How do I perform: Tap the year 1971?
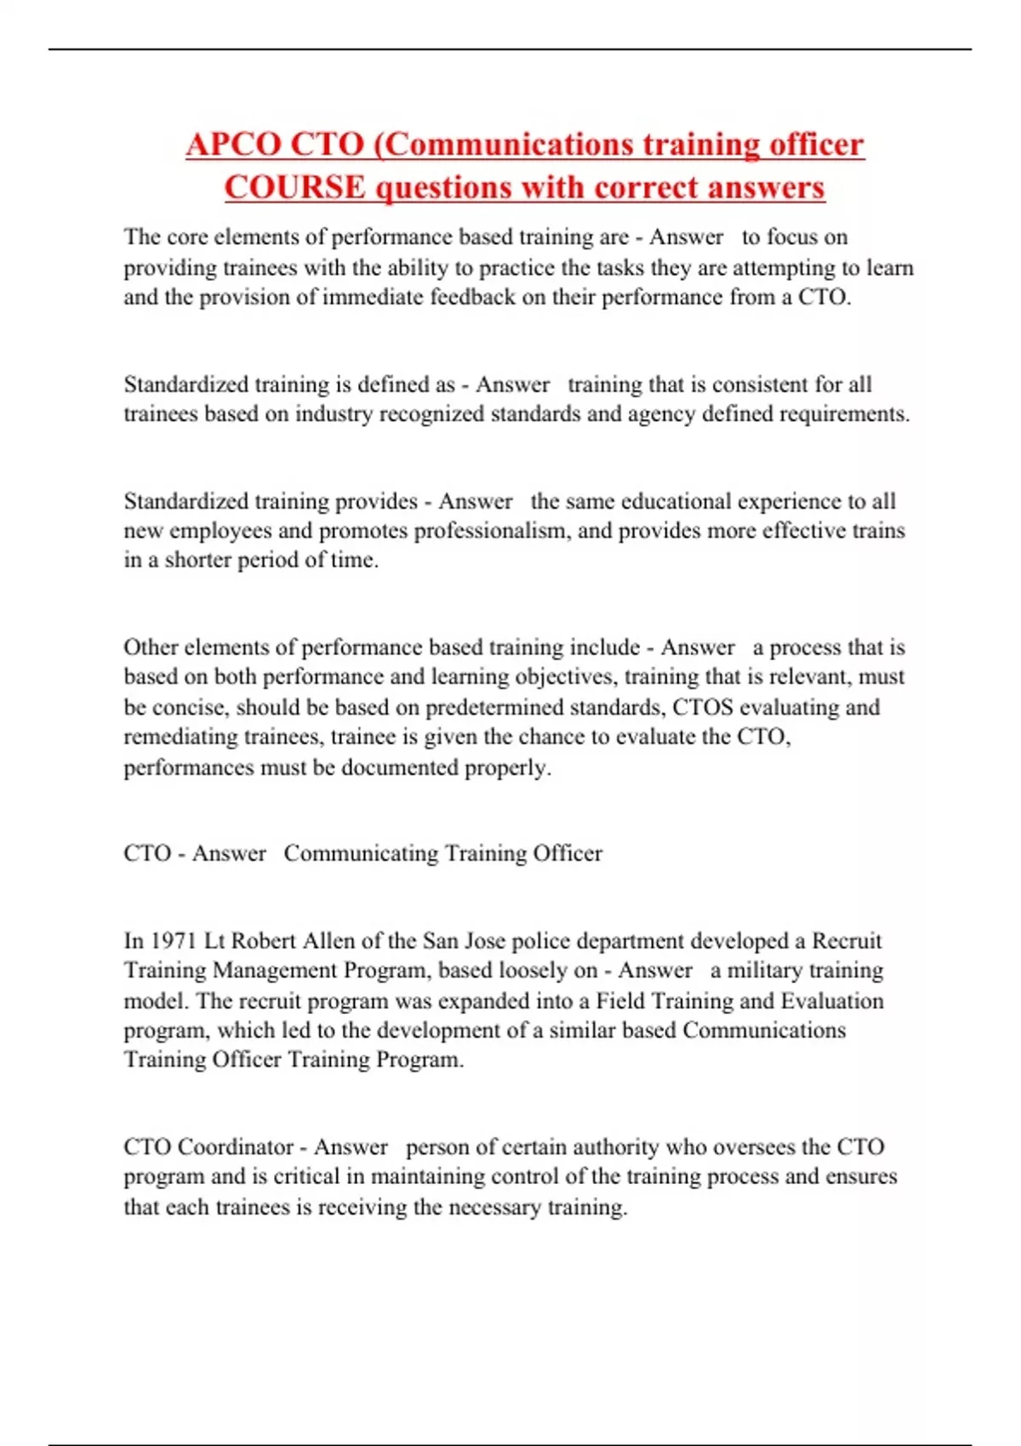(173, 941)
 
